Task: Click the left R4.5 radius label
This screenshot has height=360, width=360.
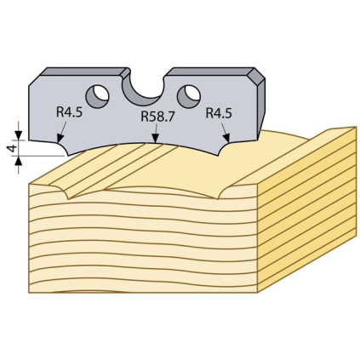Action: click(x=69, y=112)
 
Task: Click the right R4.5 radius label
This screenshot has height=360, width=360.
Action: click(x=219, y=113)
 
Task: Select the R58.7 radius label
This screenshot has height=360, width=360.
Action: click(x=157, y=116)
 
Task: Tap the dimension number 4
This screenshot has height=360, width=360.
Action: click(x=13, y=148)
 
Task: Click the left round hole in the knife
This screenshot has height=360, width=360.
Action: click(x=97, y=95)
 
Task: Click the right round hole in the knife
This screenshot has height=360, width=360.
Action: click(x=189, y=96)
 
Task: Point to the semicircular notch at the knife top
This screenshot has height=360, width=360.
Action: click(x=143, y=90)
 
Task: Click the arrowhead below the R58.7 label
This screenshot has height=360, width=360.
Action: click(x=155, y=138)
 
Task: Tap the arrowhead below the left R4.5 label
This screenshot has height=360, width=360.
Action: click(x=60, y=138)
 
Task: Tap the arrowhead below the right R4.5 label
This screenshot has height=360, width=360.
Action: click(x=226, y=138)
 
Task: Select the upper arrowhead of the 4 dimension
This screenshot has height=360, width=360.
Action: click(x=19, y=135)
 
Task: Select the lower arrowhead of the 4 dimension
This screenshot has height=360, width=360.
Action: click(x=19, y=161)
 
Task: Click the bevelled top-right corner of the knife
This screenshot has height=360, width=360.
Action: click(x=256, y=77)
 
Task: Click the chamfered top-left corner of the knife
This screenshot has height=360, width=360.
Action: click(x=37, y=77)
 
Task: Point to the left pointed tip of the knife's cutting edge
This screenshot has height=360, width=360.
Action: click(x=68, y=156)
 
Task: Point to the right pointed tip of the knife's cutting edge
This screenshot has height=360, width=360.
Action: click(x=219, y=156)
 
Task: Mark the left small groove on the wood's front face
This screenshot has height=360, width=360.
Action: click(x=66, y=191)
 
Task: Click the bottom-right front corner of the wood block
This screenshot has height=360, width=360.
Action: click(x=257, y=292)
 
